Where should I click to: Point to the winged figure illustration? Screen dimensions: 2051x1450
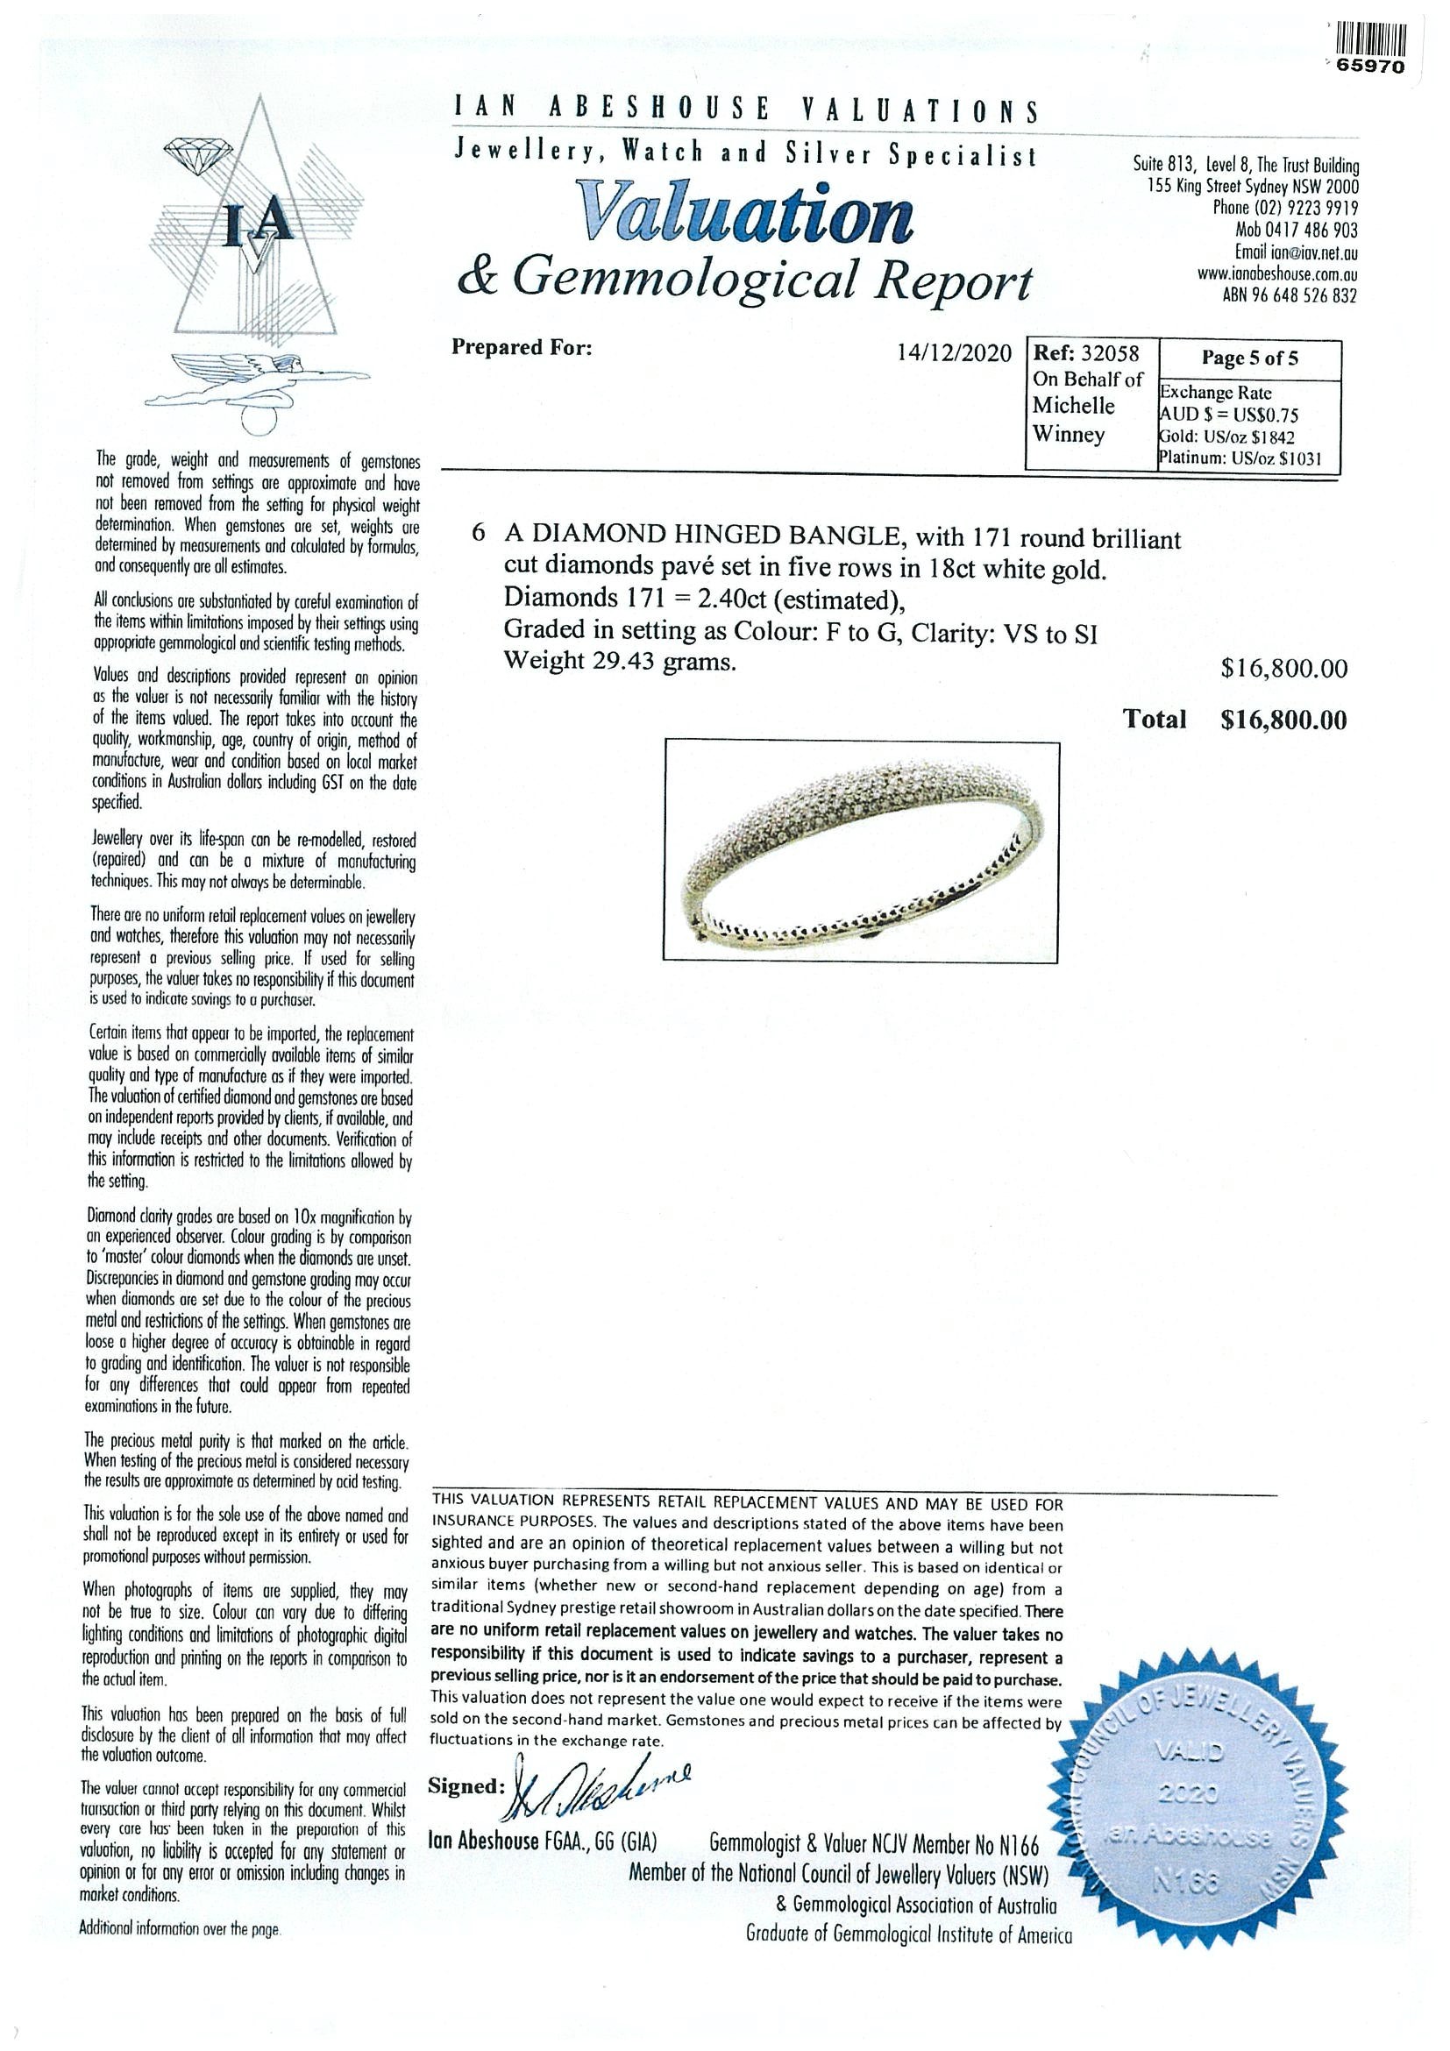259,376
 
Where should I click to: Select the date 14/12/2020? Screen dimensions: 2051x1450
953,354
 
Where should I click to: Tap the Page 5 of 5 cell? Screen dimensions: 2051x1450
1249,358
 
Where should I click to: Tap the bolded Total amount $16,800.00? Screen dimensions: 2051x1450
1283,720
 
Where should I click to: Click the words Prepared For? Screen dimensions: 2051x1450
521,347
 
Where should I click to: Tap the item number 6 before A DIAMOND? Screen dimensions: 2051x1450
479,533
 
